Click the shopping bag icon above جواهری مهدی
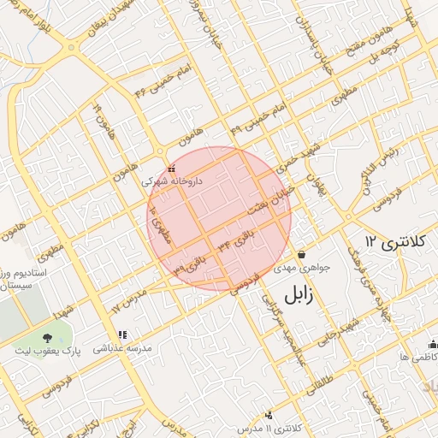pyautogui.click(x=302, y=255)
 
